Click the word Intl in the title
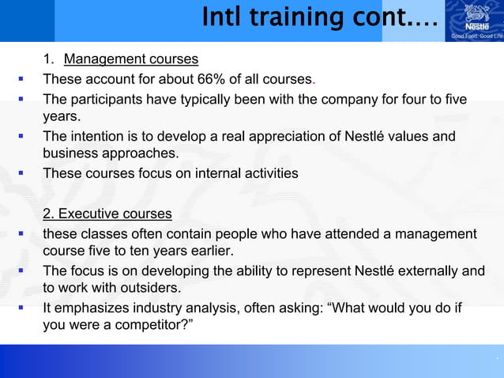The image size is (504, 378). tap(222, 17)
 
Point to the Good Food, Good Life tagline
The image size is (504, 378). tap(476, 36)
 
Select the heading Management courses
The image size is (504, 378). tap(130, 59)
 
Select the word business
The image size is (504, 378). tap(70, 153)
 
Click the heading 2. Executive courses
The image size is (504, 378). tap(107, 214)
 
